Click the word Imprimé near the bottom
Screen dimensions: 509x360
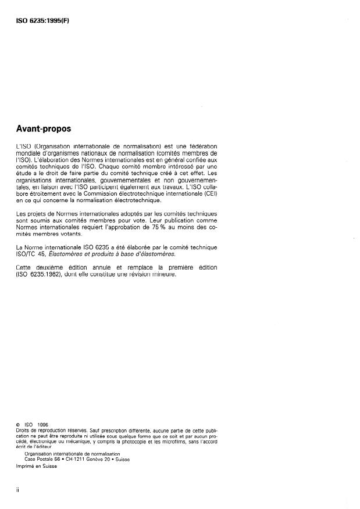[27, 467]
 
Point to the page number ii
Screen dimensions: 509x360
[18, 490]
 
